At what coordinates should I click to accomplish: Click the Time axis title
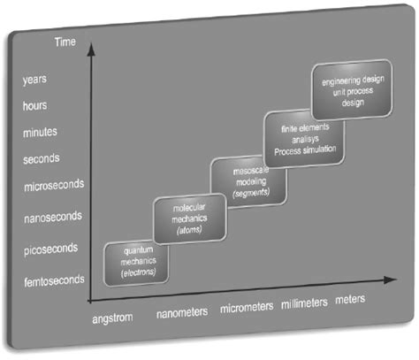65,42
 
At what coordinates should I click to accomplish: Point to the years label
34,78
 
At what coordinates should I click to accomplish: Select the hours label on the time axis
34,104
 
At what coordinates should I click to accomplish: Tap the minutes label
39,133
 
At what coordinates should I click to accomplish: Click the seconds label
41,159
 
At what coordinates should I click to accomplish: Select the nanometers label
182,312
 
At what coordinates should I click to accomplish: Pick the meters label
350,302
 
